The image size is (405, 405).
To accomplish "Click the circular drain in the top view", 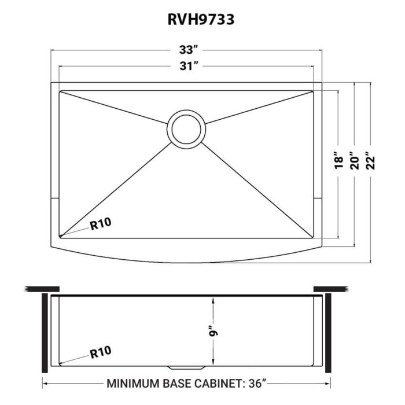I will tap(186, 128).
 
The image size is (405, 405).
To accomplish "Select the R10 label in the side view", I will tap(100, 351).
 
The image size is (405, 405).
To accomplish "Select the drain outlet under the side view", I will tap(186, 368).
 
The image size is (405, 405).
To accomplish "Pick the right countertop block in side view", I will tap(329, 288).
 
